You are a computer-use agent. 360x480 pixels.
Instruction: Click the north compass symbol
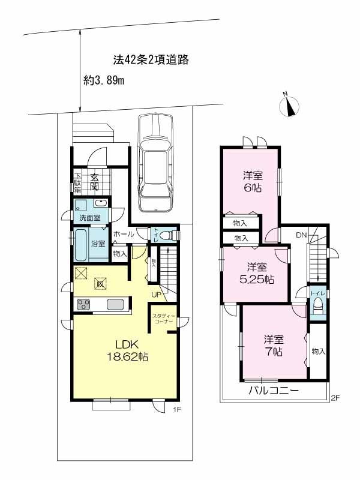[x=289, y=106]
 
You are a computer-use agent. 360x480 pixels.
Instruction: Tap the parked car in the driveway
[x=155, y=162]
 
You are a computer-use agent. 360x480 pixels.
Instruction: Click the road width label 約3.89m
[x=104, y=81]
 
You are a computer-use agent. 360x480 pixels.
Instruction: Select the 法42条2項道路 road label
[x=151, y=59]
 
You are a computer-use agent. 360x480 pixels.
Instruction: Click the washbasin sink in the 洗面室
[x=100, y=203]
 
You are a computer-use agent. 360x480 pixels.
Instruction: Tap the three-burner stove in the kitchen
[x=83, y=305]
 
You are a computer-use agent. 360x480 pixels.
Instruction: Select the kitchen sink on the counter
[x=115, y=305]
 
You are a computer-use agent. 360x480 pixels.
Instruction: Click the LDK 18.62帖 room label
[x=127, y=350]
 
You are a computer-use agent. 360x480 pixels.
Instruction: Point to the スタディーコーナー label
[x=164, y=319]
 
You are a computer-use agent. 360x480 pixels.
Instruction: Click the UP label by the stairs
[x=156, y=295]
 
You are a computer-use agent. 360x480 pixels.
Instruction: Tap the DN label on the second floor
[x=301, y=235]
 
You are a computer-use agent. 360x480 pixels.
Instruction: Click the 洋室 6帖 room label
[x=253, y=182]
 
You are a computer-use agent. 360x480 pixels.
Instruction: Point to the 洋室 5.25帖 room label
[x=257, y=274]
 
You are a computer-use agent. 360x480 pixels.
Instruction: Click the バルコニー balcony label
[x=274, y=391]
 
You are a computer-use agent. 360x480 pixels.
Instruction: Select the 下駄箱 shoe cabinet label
[x=78, y=184]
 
